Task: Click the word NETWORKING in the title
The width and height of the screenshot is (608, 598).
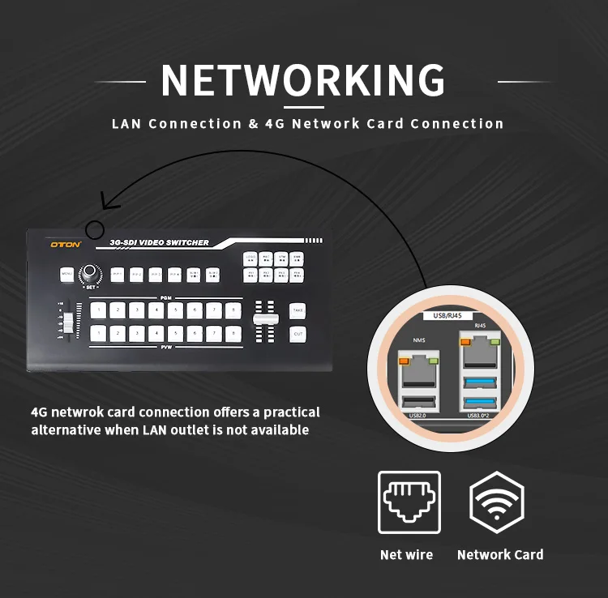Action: coord(303,81)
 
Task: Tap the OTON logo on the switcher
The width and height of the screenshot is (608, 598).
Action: coord(62,242)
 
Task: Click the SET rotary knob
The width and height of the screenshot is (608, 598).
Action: coord(88,275)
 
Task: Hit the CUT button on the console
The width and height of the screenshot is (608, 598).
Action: coord(298,333)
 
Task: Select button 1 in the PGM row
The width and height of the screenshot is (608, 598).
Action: coord(98,309)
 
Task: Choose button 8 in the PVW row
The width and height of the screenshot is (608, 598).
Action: coord(233,332)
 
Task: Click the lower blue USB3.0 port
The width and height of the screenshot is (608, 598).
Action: coord(479,403)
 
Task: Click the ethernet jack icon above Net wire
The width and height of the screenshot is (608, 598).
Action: coord(409,502)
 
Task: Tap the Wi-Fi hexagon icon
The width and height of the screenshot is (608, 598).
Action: coord(497,502)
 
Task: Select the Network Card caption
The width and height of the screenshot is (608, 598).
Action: coord(500,555)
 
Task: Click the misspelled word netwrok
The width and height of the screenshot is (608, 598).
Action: coord(75,412)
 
